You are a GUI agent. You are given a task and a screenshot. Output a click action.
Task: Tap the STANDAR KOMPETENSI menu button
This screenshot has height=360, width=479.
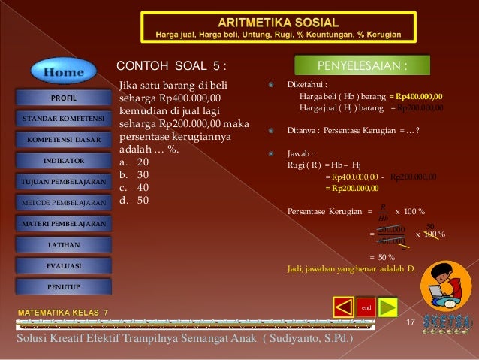(64, 119)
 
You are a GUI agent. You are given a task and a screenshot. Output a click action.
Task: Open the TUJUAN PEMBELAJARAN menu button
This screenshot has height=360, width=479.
(64, 182)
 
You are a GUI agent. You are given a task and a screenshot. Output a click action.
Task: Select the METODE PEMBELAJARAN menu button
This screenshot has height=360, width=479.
(64, 203)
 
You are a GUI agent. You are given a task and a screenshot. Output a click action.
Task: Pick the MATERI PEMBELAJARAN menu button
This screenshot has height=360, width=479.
(64, 224)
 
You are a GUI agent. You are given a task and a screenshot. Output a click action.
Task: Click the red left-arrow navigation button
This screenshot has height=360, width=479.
(343, 307)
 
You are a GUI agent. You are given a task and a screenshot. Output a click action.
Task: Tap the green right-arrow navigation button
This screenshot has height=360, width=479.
(387, 307)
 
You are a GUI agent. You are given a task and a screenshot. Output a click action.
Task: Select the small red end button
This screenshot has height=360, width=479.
(366, 308)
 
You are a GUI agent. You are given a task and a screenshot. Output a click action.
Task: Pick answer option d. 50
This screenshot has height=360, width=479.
(134, 200)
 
